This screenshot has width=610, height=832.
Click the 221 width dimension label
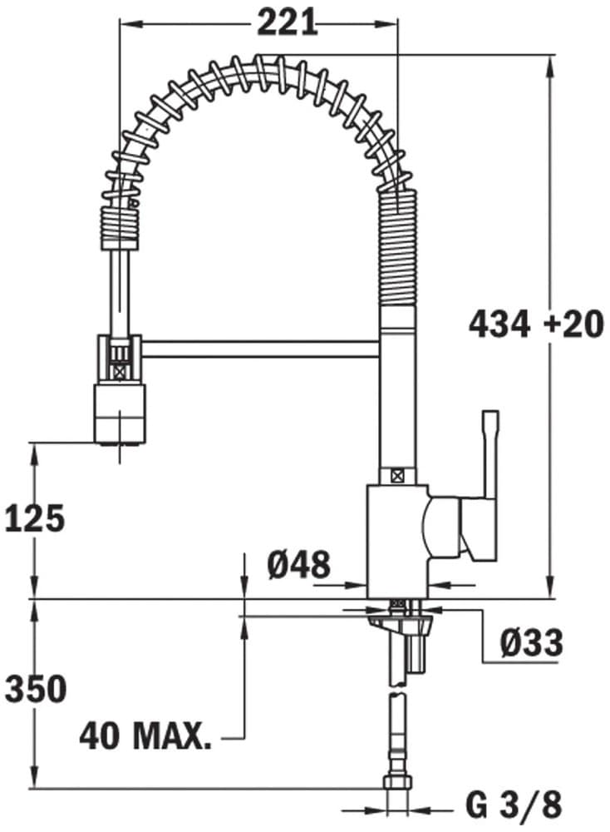287,22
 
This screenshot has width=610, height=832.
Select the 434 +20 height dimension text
536,324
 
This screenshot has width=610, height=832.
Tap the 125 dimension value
35,519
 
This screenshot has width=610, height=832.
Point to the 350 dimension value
35,689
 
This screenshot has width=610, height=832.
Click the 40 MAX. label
145,735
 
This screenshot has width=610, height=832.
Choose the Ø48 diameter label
298,567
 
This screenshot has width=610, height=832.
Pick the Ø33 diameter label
532,642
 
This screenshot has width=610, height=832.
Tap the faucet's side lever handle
489,466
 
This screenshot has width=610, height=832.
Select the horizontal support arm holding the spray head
258,347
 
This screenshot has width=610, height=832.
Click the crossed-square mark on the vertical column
397,476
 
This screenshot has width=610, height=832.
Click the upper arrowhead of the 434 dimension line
550,62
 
